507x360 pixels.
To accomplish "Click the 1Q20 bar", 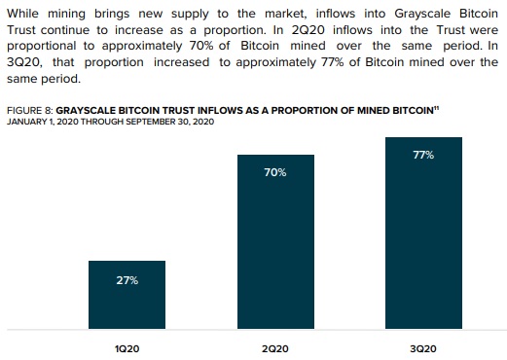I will point(127,297).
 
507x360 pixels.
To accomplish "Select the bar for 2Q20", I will point(275,243).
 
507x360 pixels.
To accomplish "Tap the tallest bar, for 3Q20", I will point(423,234).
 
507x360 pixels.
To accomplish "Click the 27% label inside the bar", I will point(127,280).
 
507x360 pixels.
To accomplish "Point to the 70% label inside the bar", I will point(275,172).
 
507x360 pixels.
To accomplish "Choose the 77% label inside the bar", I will point(423,155).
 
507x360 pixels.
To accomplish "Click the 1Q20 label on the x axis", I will point(127,347).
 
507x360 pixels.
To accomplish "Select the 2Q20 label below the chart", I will point(275,347).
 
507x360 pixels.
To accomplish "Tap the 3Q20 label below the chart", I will point(423,347).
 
